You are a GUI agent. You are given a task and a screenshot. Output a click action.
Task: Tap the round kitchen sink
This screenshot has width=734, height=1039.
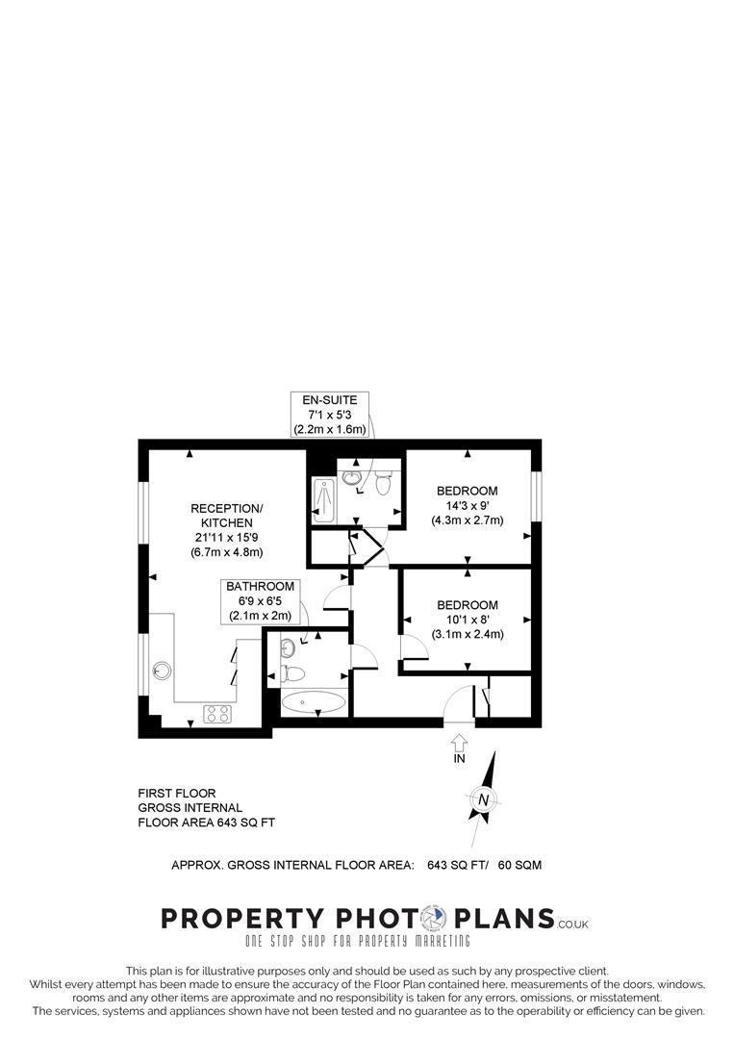coord(162,670)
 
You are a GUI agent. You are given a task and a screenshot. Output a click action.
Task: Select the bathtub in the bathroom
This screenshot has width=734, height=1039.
coord(314,702)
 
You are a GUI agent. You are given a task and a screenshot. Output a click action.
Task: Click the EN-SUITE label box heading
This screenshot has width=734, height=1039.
coord(330,400)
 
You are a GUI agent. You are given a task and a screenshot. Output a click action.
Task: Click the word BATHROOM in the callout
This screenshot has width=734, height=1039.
coord(260,586)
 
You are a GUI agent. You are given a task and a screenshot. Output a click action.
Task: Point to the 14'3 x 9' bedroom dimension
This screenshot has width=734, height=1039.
coord(467,505)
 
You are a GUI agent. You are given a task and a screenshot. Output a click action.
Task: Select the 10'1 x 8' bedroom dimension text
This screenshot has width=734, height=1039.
coord(468,620)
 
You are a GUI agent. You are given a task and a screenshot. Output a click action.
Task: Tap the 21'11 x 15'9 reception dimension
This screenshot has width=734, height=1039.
coord(226,537)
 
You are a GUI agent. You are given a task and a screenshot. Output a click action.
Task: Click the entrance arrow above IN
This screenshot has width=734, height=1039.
coord(459,742)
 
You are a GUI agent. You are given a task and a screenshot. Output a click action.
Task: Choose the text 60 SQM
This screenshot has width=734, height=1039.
coord(519,865)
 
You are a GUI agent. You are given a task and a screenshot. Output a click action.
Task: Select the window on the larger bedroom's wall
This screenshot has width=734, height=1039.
coord(538,501)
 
